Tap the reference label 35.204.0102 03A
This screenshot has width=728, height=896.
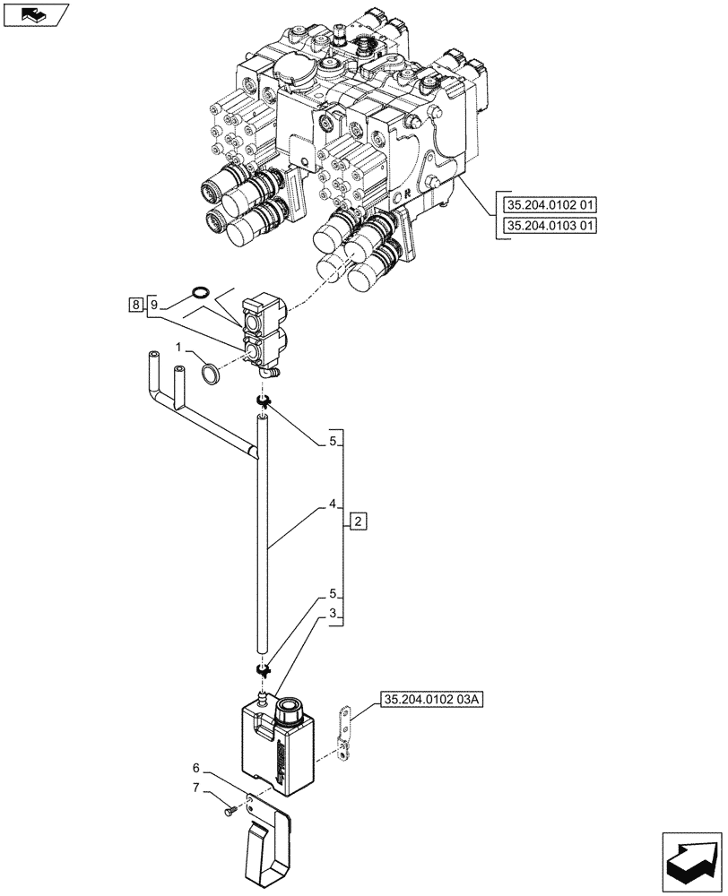(431, 699)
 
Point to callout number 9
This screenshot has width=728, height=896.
(153, 306)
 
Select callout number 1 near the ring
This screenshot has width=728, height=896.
(179, 345)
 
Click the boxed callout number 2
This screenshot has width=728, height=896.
(357, 520)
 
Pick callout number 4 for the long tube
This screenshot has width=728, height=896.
(332, 504)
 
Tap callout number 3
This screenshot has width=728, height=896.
(332, 614)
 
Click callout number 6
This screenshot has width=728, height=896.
(196, 769)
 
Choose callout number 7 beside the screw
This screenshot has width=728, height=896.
(196, 788)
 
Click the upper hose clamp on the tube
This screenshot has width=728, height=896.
(262, 400)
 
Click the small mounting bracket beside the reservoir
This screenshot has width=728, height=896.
(341, 731)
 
